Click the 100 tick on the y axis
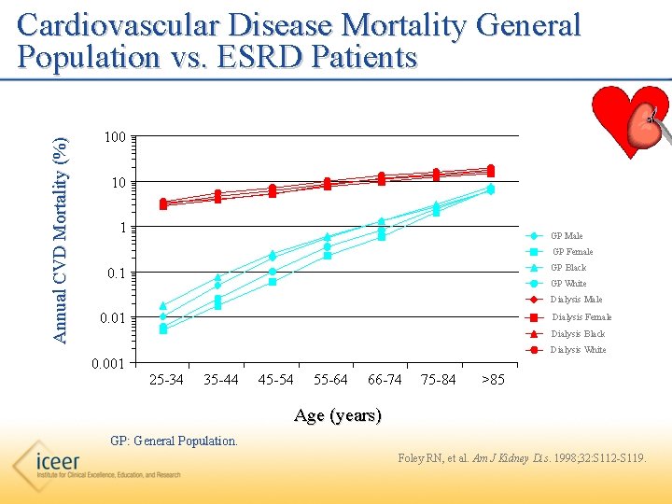(115, 138)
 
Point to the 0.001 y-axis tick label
(110, 363)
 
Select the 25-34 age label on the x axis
(166, 380)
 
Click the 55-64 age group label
(329, 380)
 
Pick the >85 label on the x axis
(492, 380)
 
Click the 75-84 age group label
(439, 380)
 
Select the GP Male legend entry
(567, 236)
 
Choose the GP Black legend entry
(568, 268)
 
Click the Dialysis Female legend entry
(581, 317)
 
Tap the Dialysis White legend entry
(578, 350)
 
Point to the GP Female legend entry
(572, 252)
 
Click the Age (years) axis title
(337, 416)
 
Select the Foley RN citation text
(521, 458)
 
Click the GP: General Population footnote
(174, 440)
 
